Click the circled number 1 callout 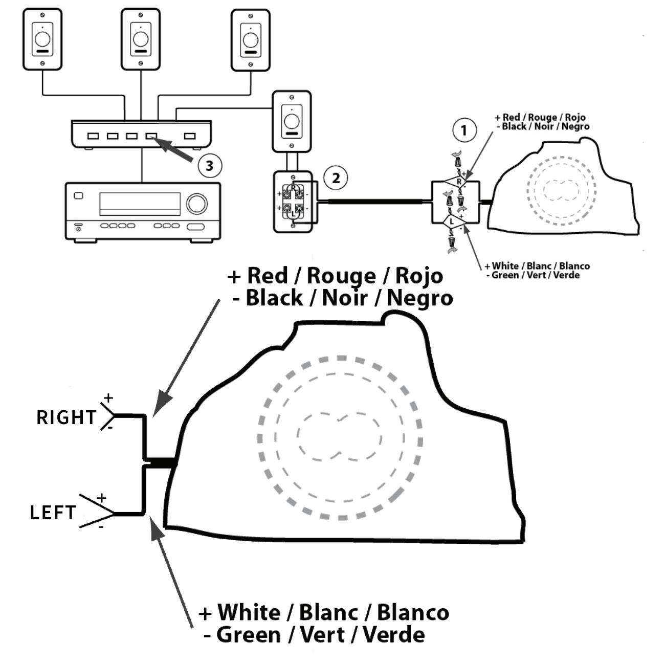(464, 130)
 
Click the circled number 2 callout (336, 178)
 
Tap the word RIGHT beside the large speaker (66, 417)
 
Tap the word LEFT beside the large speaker (53, 513)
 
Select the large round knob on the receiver (195, 203)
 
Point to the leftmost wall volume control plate (42, 39)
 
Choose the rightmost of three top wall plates (250, 40)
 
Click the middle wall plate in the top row (140, 39)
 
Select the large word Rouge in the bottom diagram (340, 276)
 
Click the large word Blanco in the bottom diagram (413, 612)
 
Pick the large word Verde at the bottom (393, 635)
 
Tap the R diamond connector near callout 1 (458, 181)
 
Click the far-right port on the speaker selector (190, 137)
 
